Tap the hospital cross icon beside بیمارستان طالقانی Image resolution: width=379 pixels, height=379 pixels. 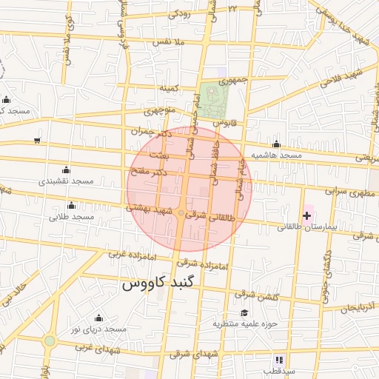[x=307, y=215]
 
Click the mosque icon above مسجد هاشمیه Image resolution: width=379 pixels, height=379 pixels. [x=276, y=144]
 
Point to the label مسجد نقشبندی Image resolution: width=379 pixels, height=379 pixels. [x=65, y=181]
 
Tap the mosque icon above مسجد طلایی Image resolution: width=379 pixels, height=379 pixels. [x=71, y=205]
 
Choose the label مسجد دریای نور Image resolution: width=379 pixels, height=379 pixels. [x=95, y=328]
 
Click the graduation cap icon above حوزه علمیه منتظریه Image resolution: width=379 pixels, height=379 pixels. [x=244, y=312]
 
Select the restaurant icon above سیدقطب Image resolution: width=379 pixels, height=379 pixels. [x=279, y=359]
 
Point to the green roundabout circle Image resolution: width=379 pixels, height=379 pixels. [x=49, y=341]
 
